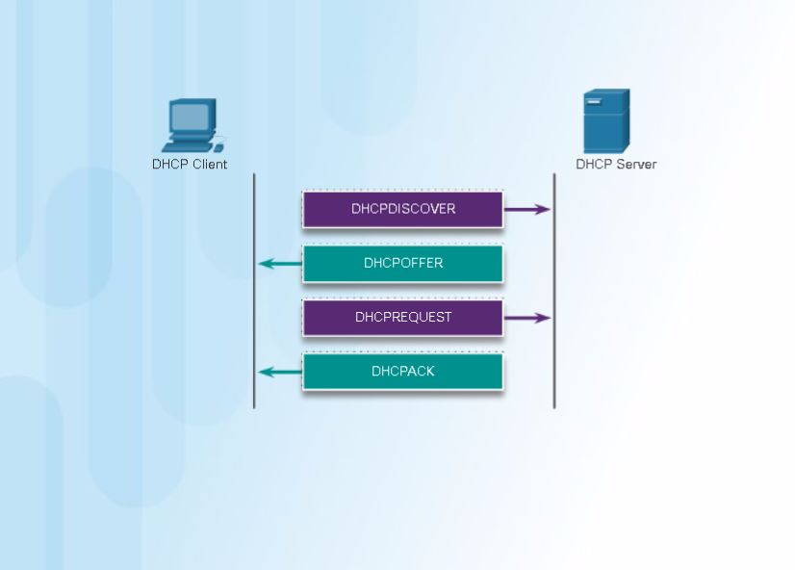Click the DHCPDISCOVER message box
[x=402, y=209]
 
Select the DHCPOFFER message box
[x=402, y=263]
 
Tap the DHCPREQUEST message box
[x=402, y=317]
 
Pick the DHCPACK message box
[x=402, y=371]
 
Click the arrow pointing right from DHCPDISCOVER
[x=526, y=209]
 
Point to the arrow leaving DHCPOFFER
[x=280, y=264]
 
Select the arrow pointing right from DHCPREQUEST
[x=526, y=317]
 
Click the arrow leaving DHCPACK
[x=280, y=372]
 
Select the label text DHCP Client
[x=190, y=164]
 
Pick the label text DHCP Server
[x=616, y=164]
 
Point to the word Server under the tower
[x=636, y=164]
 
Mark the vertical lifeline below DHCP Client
[x=254, y=289]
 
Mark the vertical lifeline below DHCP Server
[x=554, y=289]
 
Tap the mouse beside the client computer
[x=218, y=147]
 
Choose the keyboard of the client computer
[x=186, y=146]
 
